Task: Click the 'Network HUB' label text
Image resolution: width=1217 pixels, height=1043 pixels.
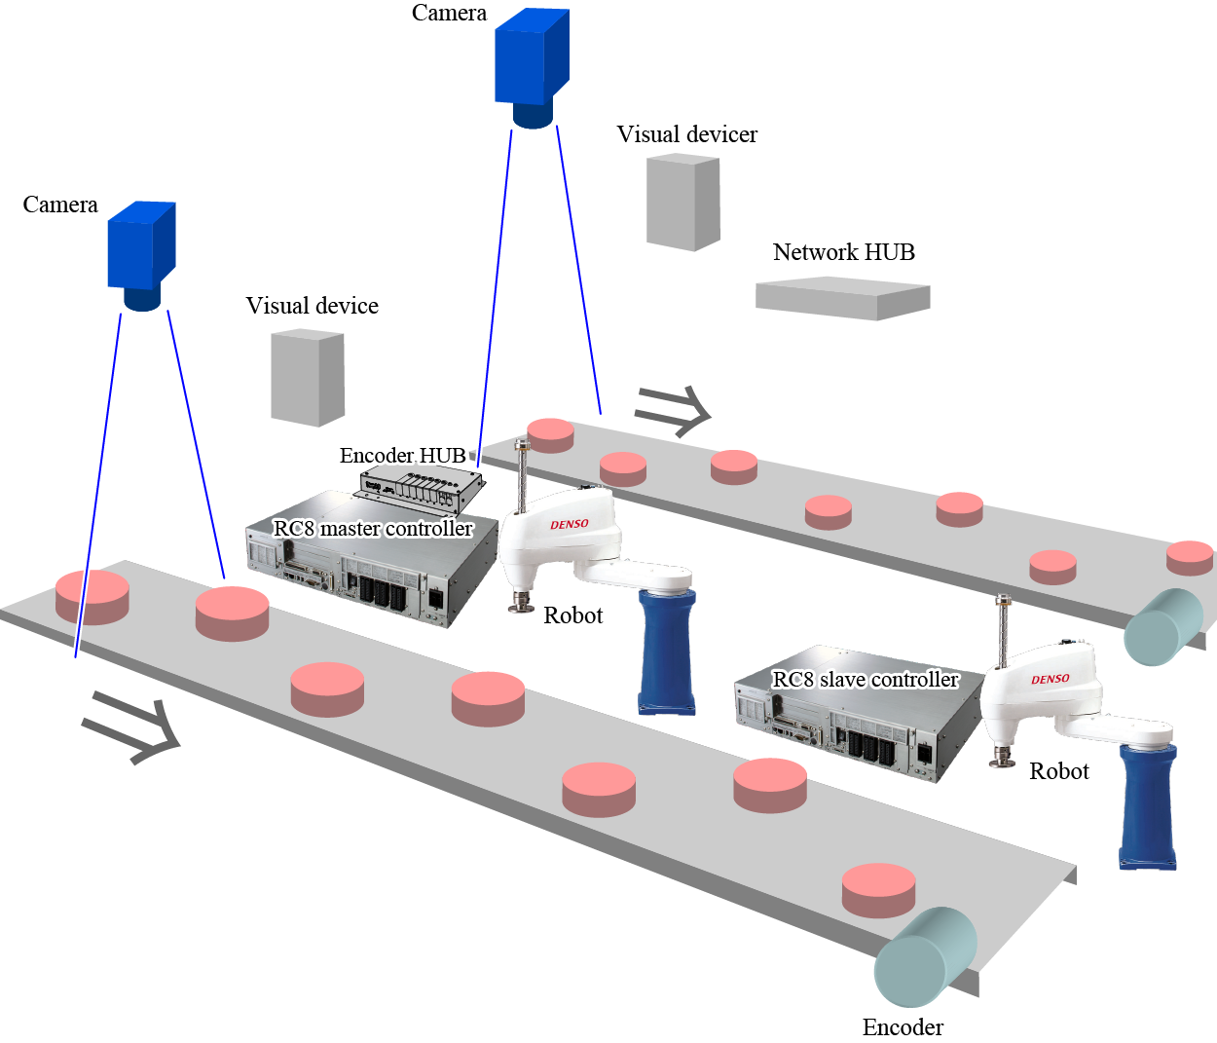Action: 843,252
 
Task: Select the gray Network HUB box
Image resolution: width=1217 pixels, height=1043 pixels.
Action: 842,298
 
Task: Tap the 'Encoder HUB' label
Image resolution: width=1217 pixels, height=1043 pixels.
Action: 402,456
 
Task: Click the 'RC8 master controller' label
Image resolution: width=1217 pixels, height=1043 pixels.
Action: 373,528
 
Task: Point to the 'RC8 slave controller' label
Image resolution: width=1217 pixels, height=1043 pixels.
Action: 865,680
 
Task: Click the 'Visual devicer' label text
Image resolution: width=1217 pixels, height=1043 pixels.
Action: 686,134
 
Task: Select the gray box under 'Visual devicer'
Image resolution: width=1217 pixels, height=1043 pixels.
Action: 682,203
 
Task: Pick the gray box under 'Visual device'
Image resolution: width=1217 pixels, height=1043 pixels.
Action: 307,378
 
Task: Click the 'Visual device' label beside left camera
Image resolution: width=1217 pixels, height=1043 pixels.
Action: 312,306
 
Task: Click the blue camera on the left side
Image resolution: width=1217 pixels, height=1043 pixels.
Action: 141,253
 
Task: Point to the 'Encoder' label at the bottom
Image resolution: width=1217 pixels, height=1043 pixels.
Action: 903,1027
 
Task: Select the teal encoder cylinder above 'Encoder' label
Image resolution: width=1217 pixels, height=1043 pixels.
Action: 924,957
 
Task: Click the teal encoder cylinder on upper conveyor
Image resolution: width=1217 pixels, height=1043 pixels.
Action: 1162,627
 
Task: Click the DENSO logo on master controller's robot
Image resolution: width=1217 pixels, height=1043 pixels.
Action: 570,524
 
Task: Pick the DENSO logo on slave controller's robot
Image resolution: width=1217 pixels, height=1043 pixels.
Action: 1051,679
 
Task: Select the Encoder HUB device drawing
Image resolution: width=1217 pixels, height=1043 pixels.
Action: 423,489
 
